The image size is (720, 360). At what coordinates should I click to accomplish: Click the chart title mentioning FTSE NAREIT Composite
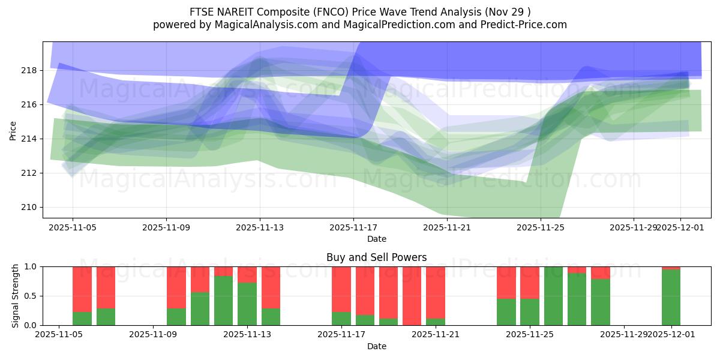[359, 11]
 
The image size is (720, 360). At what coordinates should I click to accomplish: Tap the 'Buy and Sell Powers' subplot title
[376, 257]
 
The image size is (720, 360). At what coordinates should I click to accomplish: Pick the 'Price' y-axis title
[13, 130]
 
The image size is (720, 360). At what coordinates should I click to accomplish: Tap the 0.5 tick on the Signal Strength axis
[29, 296]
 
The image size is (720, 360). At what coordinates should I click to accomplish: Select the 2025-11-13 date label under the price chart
[260, 227]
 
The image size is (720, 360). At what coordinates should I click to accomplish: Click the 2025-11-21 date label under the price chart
[447, 227]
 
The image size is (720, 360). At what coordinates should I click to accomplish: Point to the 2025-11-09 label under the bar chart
[153, 335]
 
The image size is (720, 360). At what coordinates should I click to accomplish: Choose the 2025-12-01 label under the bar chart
[671, 335]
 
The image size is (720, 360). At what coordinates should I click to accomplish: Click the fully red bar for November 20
[412, 296]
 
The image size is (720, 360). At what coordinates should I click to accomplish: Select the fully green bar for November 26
[553, 296]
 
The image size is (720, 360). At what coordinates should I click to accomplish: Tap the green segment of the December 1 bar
[671, 298]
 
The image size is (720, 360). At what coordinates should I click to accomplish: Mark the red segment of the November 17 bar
[341, 289]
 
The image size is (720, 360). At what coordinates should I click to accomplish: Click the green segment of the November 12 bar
[224, 301]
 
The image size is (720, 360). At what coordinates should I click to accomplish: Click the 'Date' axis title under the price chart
[376, 239]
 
